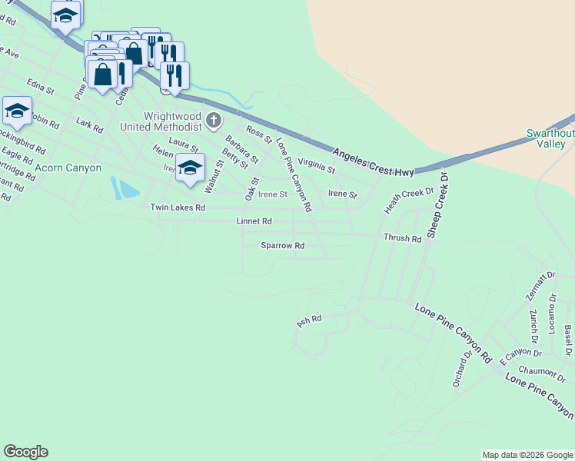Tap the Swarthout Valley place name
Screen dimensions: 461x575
pyautogui.click(x=550, y=138)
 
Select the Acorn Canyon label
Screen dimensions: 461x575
pyautogui.click(x=68, y=167)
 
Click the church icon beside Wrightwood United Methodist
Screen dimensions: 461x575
pyautogui.click(x=214, y=121)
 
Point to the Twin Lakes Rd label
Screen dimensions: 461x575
pyautogui.click(x=178, y=207)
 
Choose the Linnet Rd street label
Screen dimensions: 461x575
pyautogui.click(x=254, y=221)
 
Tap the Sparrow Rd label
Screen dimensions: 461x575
pyautogui.click(x=283, y=246)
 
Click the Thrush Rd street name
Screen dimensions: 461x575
pyautogui.click(x=403, y=239)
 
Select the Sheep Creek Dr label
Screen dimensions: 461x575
pyautogui.click(x=437, y=204)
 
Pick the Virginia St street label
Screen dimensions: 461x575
pyautogui.click(x=317, y=164)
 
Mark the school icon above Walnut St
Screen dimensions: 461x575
pyautogui.click(x=190, y=168)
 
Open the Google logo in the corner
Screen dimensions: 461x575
pyautogui.click(x=25, y=452)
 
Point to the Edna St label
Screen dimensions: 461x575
pyautogui.click(x=40, y=85)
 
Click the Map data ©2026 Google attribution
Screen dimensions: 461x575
pyautogui.click(x=527, y=455)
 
